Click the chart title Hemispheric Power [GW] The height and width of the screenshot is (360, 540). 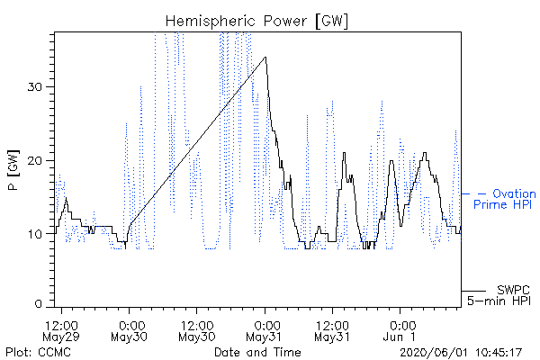click(256, 21)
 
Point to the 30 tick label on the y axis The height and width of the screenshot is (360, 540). click(34, 86)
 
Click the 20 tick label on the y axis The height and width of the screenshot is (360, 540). click(34, 160)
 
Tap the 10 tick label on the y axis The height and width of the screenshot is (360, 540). click(34, 234)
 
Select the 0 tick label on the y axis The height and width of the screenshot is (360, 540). click(38, 304)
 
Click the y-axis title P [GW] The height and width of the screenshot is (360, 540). click(13, 170)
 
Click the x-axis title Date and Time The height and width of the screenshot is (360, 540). click(257, 352)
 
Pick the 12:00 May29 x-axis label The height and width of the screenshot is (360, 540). click(61, 330)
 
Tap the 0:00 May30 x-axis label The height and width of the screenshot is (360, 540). click(129, 330)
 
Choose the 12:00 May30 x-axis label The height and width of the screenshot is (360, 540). click(197, 330)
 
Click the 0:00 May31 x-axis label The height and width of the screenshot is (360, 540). click(265, 330)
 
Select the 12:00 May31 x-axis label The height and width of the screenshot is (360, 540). click(332, 330)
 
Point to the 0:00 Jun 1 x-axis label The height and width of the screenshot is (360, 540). click(400, 330)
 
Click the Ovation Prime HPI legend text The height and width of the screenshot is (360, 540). click(505, 199)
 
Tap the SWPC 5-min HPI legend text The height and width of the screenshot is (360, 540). click(499, 295)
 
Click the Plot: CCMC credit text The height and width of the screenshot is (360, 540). click(38, 352)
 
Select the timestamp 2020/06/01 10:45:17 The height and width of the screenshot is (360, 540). click(461, 353)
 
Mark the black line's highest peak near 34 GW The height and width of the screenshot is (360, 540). click(265, 58)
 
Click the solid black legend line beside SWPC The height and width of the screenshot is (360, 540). click(474, 291)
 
